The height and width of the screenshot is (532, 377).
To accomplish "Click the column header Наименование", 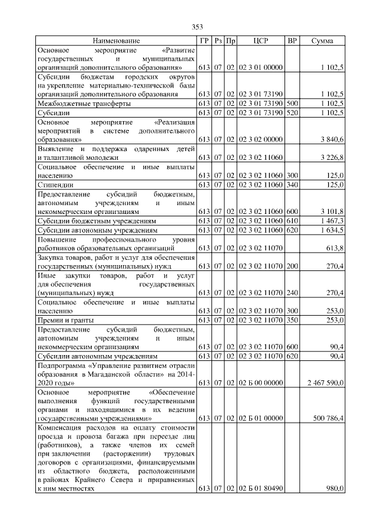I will tap(116, 41).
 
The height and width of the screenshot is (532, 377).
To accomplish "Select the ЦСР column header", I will tap(260, 41).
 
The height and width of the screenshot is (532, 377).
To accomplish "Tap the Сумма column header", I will tap(322, 41).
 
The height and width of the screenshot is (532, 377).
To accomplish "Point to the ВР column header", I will tap(292, 41).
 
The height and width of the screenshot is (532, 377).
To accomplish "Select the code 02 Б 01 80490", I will tap(260, 488).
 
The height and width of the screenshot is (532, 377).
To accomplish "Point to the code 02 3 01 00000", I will tap(260, 69).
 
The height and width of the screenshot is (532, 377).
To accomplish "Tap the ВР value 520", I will tap(292, 112).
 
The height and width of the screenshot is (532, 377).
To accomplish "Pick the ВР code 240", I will tap(292, 292).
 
